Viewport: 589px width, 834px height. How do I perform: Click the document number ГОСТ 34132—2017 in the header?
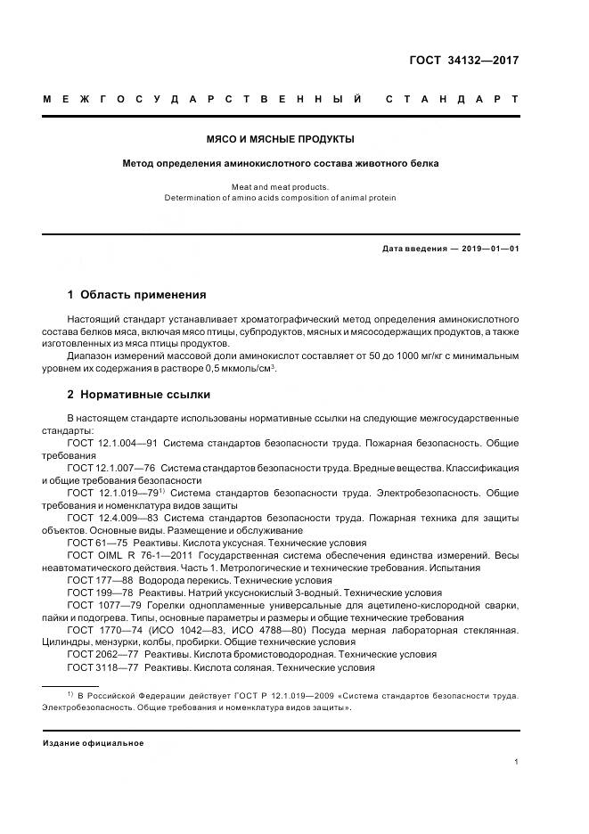click(464, 61)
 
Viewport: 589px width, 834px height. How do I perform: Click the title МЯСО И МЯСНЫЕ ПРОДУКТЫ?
click(281, 139)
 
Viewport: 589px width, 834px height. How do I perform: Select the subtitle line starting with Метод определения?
click(281, 163)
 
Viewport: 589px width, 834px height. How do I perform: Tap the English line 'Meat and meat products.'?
click(281, 187)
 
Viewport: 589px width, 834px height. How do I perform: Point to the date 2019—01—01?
click(490, 249)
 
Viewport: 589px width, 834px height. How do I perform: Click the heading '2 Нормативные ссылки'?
click(139, 394)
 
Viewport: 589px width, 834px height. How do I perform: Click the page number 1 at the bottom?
click(517, 762)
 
